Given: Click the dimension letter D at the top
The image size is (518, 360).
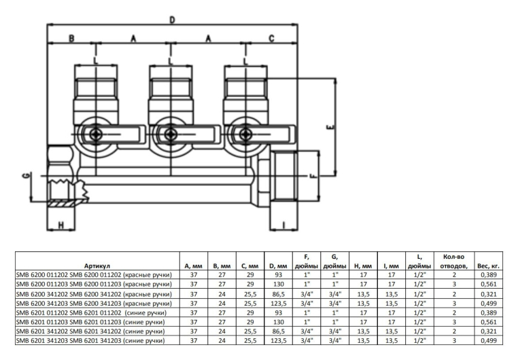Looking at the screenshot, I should point(172,20).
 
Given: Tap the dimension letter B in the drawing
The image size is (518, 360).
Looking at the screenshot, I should point(71,39).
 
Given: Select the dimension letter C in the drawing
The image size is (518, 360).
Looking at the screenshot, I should point(271,39).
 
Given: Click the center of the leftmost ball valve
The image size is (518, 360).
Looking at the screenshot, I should point(95,134).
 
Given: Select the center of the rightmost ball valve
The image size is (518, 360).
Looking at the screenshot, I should point(246,134).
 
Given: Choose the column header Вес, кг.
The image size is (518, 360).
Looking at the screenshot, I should point(489,266).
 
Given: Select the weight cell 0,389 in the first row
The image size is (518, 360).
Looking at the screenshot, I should point(489,274).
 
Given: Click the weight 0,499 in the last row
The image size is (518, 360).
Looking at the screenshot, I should point(489,340).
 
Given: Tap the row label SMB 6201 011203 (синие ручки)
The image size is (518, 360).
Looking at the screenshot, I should point(93,321).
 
